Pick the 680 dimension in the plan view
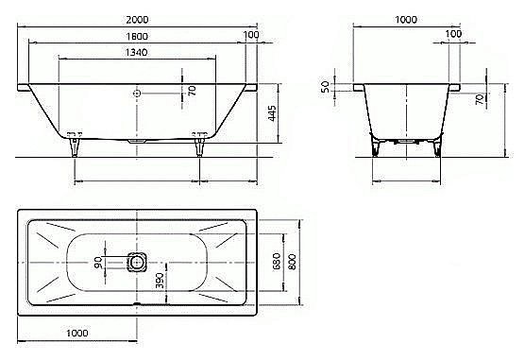tap(277, 261)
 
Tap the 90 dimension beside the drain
tap(98, 262)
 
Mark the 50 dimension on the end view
tap(326, 86)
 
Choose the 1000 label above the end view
tap(408, 18)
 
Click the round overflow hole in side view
tap(138, 93)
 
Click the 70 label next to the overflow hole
tap(192, 91)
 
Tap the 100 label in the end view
tap(453, 35)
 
